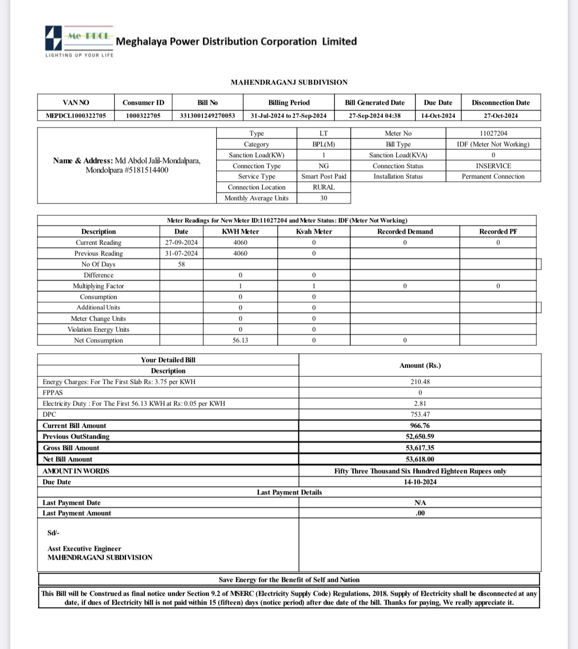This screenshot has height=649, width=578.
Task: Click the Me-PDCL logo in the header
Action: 79,40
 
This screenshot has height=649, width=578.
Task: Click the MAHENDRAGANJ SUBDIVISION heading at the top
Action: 289,82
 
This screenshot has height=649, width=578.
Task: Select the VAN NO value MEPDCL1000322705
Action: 76,116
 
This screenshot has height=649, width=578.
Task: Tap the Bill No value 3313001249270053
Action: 207,116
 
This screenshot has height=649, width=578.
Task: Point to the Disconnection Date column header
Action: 500,103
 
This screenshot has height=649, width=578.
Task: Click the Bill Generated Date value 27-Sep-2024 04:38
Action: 374,116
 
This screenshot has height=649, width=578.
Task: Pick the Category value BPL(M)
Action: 324,144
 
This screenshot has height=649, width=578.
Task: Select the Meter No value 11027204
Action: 493,133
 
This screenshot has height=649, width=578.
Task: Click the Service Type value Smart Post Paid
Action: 324,176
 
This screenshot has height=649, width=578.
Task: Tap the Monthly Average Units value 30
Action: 324,198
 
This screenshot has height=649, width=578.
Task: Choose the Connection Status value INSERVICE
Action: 493,166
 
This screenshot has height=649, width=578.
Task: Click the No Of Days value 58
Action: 181,264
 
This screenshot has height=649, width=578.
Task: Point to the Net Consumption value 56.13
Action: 240,340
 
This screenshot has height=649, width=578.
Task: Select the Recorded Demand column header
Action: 405,232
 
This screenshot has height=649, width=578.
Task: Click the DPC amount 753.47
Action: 420,414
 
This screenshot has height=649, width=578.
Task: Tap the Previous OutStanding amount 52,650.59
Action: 420,437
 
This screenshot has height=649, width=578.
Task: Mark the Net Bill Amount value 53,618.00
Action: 420,459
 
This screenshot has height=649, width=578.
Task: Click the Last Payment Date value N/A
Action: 420,503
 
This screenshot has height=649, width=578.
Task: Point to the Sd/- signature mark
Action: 53,533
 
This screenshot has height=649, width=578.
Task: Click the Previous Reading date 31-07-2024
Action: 181,253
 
